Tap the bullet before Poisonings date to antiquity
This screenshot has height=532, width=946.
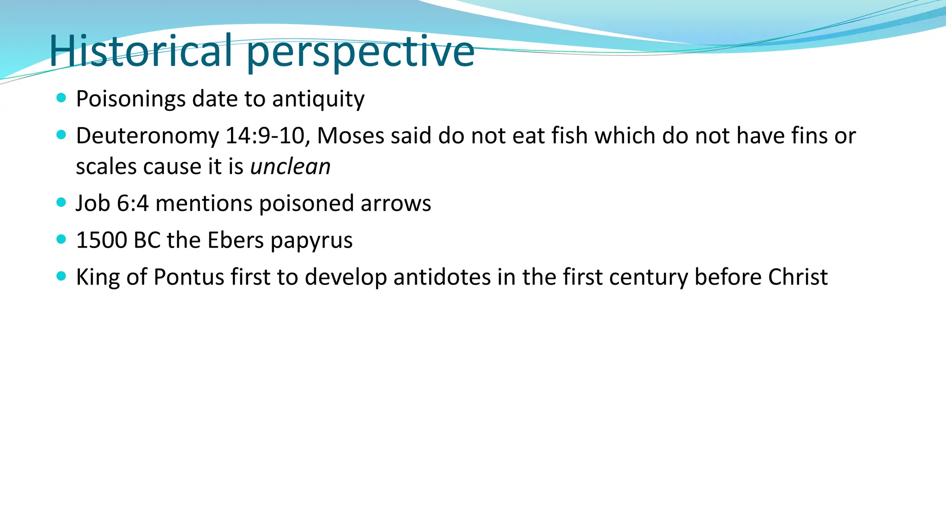(61, 98)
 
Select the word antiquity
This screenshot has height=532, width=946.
(318, 99)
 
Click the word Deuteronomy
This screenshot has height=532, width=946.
(147, 136)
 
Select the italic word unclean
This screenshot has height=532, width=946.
(290, 167)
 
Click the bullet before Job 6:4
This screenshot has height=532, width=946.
(61, 202)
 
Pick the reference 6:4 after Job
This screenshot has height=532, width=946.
(133, 204)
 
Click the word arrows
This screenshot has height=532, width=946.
(395, 204)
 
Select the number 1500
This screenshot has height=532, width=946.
(102, 241)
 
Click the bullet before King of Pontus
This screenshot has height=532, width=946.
(61, 276)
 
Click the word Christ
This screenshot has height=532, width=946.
(798, 278)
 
